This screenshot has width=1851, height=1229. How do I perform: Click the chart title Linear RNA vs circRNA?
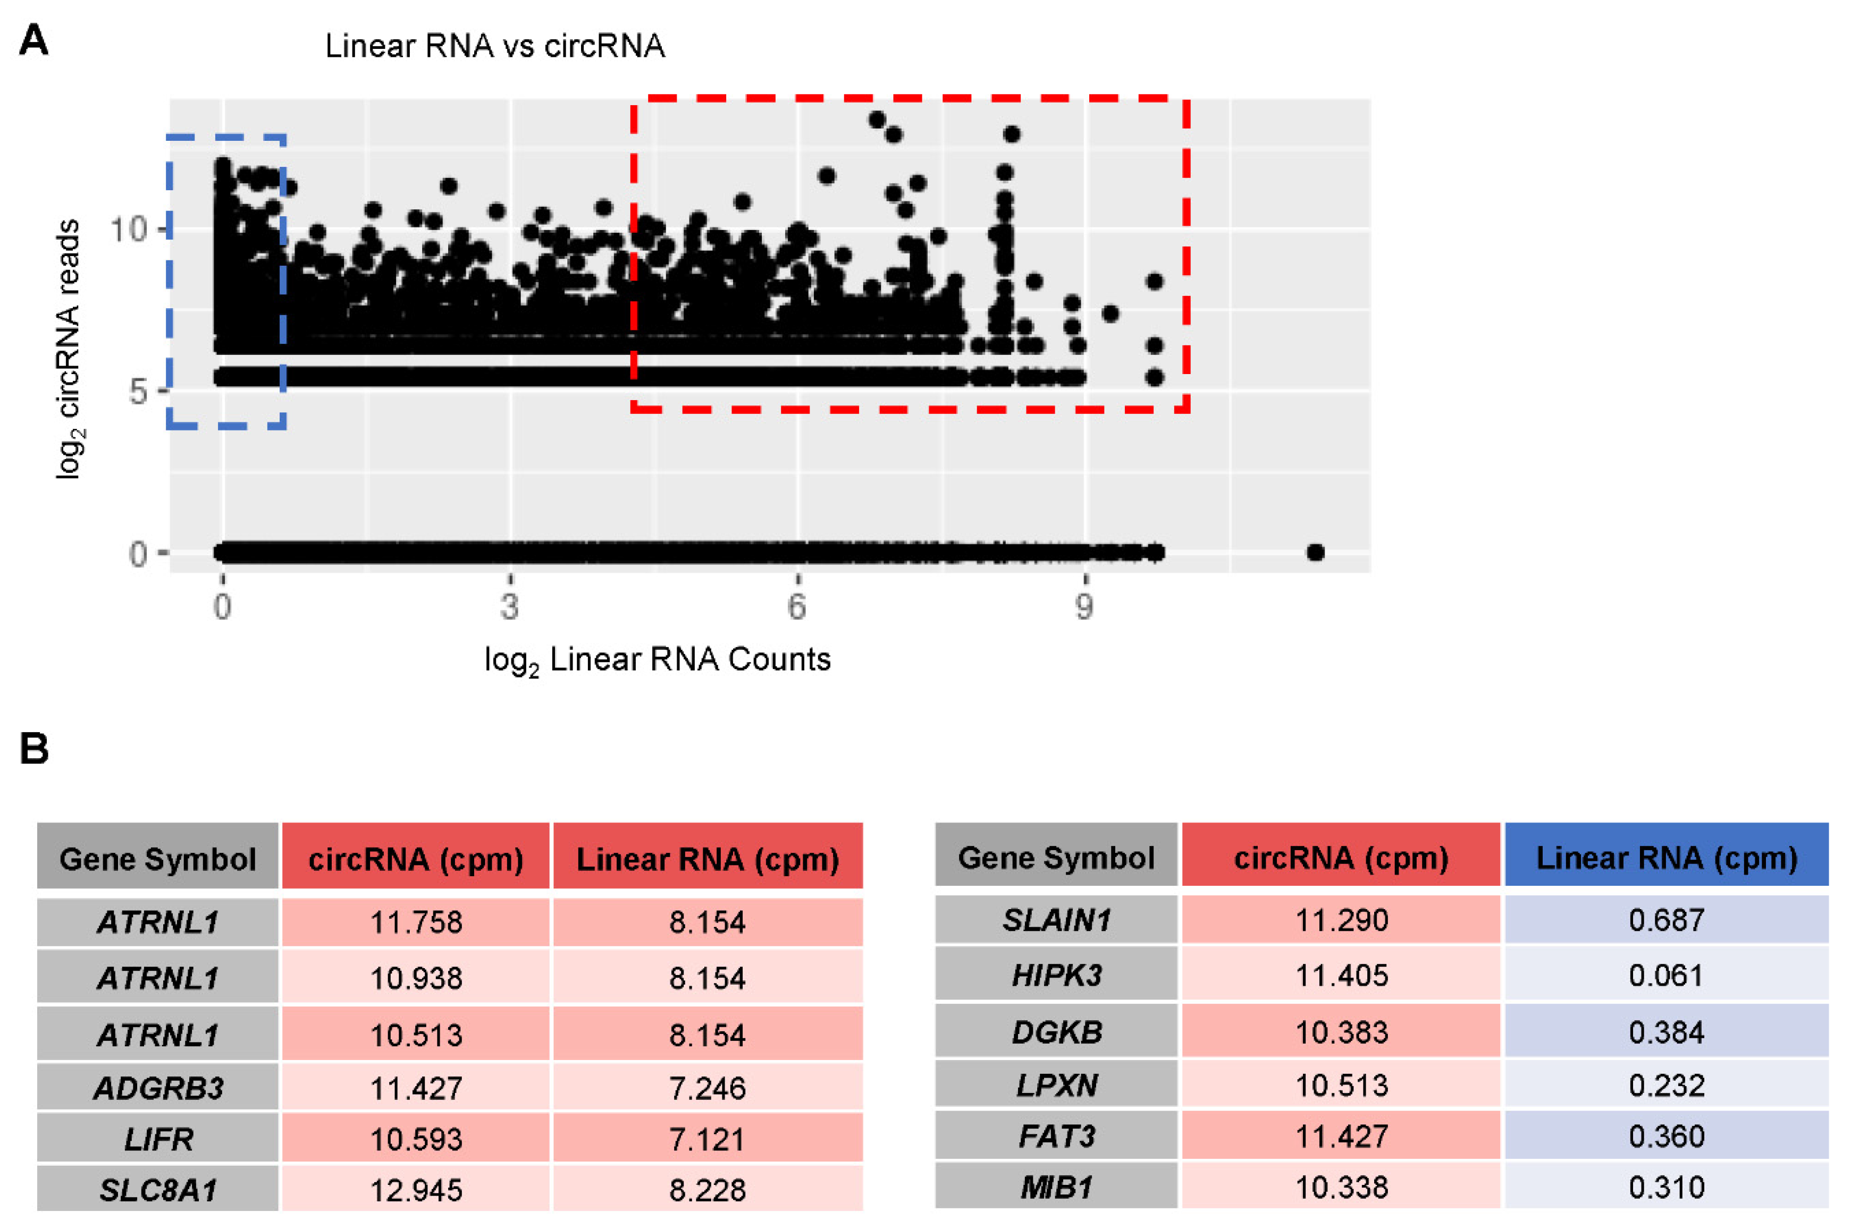click(x=495, y=46)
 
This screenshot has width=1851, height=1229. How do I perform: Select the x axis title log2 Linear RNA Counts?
click(x=657, y=660)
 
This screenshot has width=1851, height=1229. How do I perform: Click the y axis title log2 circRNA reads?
click(x=69, y=349)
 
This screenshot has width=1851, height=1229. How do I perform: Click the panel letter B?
click(x=33, y=749)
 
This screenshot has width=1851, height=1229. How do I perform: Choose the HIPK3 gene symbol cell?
click(x=1056, y=975)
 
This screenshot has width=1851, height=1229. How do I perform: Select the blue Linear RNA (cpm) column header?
click(x=1666, y=858)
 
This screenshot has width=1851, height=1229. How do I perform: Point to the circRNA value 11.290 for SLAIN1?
click(x=1341, y=919)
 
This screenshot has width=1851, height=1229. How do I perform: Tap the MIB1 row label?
click(x=1056, y=1186)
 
